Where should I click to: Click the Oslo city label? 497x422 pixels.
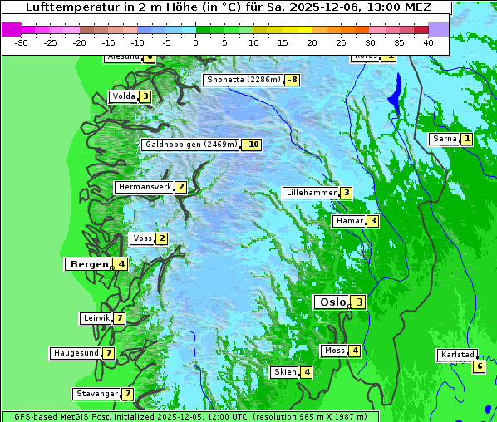pyautogui.click(x=331, y=302)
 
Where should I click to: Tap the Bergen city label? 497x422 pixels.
pyautogui.click(x=89, y=264)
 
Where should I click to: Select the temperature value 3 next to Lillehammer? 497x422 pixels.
pyautogui.click(x=346, y=193)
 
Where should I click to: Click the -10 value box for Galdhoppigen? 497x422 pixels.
pyautogui.click(x=252, y=145)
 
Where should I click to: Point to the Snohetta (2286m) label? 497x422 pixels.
pyautogui.click(x=243, y=80)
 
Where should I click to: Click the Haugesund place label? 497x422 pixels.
pyautogui.click(x=76, y=353)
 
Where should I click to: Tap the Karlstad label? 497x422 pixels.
pyautogui.click(x=457, y=355)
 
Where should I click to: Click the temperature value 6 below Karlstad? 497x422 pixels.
pyautogui.click(x=479, y=366)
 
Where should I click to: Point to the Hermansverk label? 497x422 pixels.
pyautogui.click(x=144, y=187)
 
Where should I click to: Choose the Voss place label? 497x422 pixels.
pyautogui.click(x=142, y=238)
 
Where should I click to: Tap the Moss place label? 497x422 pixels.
pyautogui.click(x=334, y=351)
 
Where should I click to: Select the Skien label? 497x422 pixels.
pyautogui.click(x=285, y=371)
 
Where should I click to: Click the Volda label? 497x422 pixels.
pyautogui.click(x=123, y=96)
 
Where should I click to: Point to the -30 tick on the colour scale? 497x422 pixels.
pyautogui.click(x=22, y=42)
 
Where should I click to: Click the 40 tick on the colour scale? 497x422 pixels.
pyautogui.click(x=428, y=42)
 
